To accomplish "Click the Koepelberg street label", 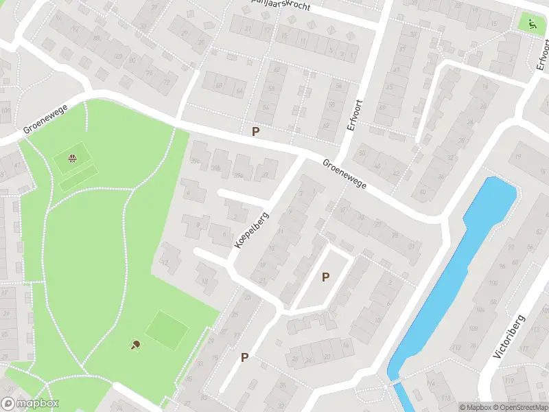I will tap(251, 230).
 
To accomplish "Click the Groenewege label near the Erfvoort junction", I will tap(345, 174).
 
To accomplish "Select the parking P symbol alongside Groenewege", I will tap(256, 131).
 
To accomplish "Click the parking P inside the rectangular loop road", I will tap(325, 277).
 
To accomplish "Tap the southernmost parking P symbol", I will tap(244, 357).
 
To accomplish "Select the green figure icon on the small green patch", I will tap(530, 22).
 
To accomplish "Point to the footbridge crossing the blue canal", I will tap(396, 380).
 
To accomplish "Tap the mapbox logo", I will tap(30, 404).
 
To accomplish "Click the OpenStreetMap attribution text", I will tap(518, 407).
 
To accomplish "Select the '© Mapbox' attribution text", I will tap(475, 407).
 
